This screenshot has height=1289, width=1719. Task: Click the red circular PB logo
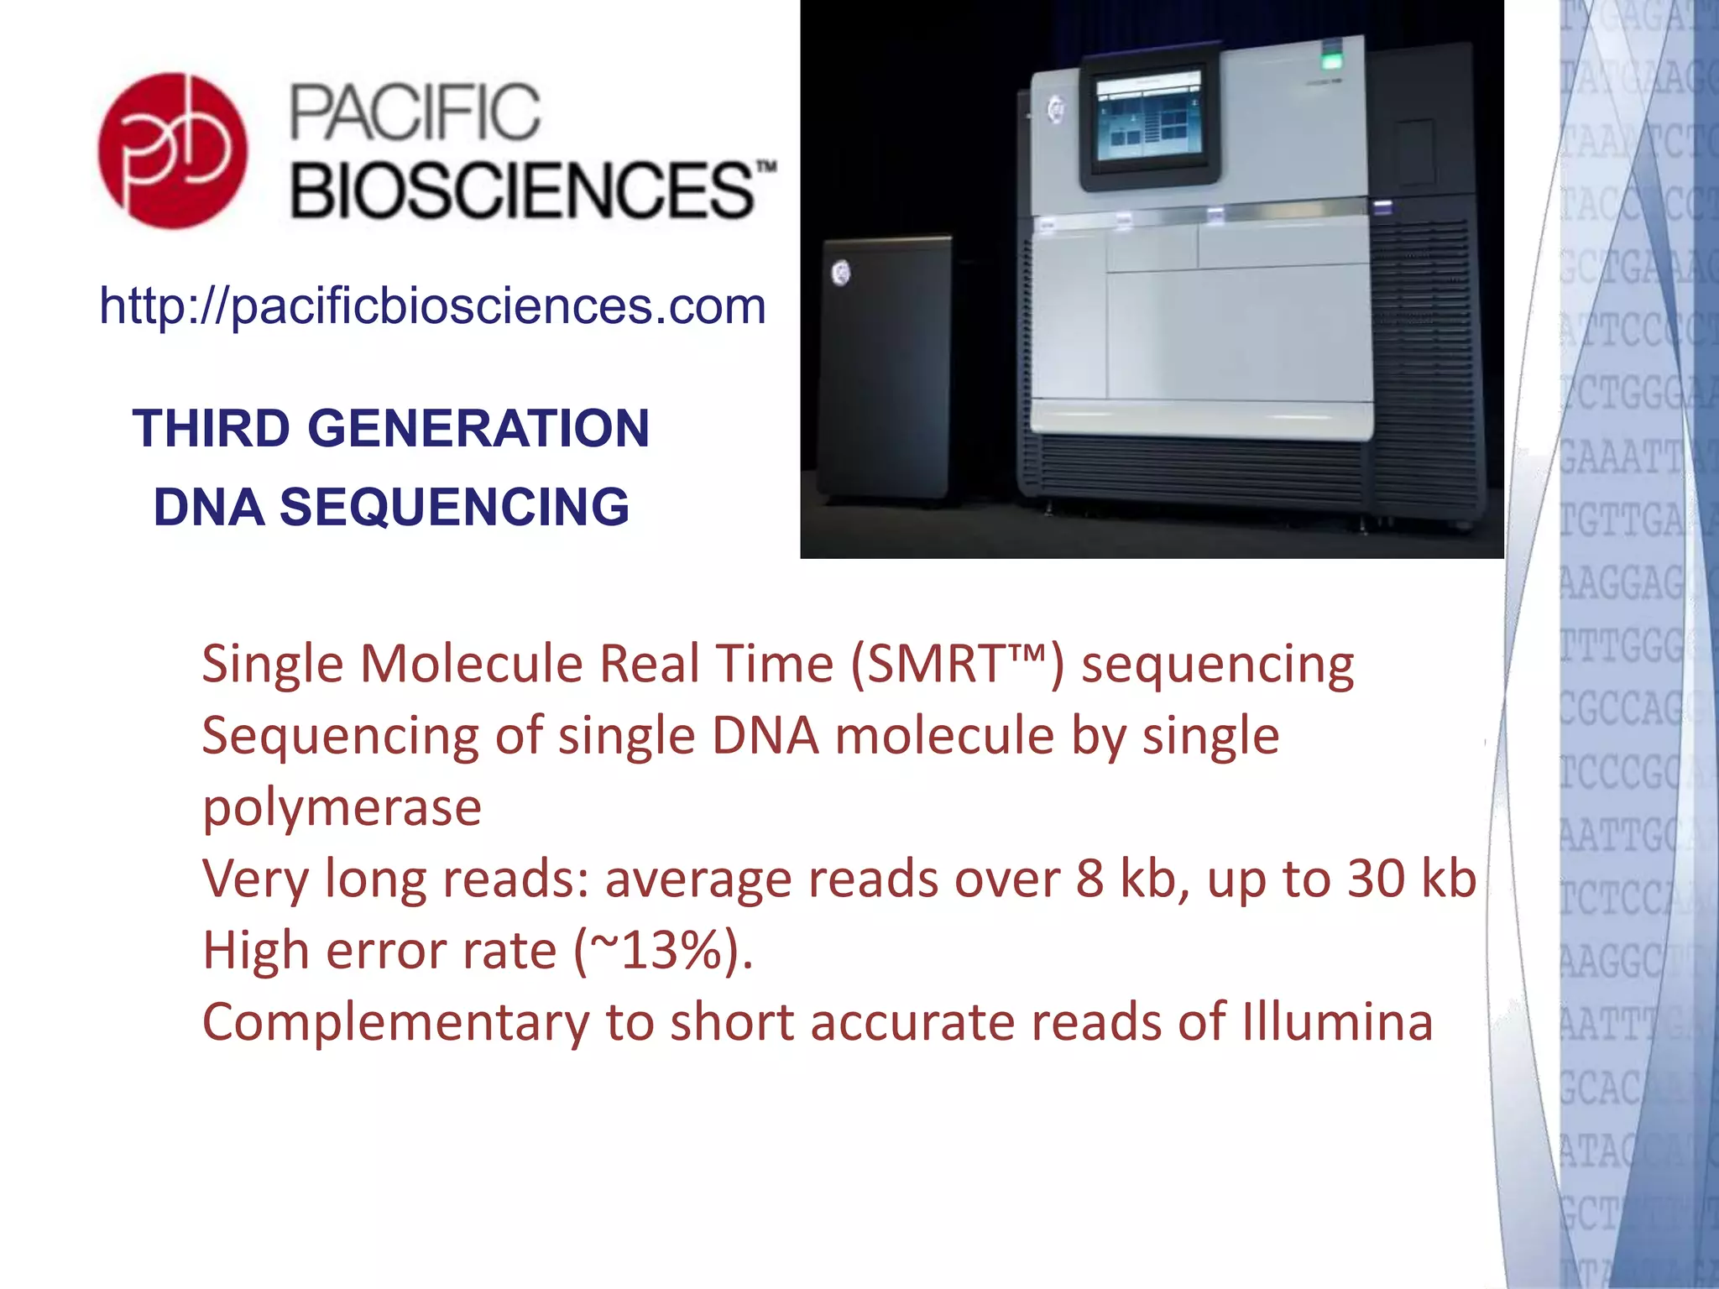(x=173, y=151)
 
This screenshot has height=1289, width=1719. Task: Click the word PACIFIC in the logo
(x=415, y=112)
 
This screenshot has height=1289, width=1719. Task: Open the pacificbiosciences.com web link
(x=432, y=305)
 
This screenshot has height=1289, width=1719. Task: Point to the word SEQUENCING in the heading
(x=454, y=507)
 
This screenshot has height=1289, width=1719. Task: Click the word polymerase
(x=342, y=807)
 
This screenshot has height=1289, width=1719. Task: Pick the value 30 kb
(x=1411, y=879)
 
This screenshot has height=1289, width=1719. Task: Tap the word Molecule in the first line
(x=472, y=664)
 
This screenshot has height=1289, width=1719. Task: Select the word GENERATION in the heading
(x=478, y=428)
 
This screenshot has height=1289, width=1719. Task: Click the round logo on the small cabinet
(x=840, y=273)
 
